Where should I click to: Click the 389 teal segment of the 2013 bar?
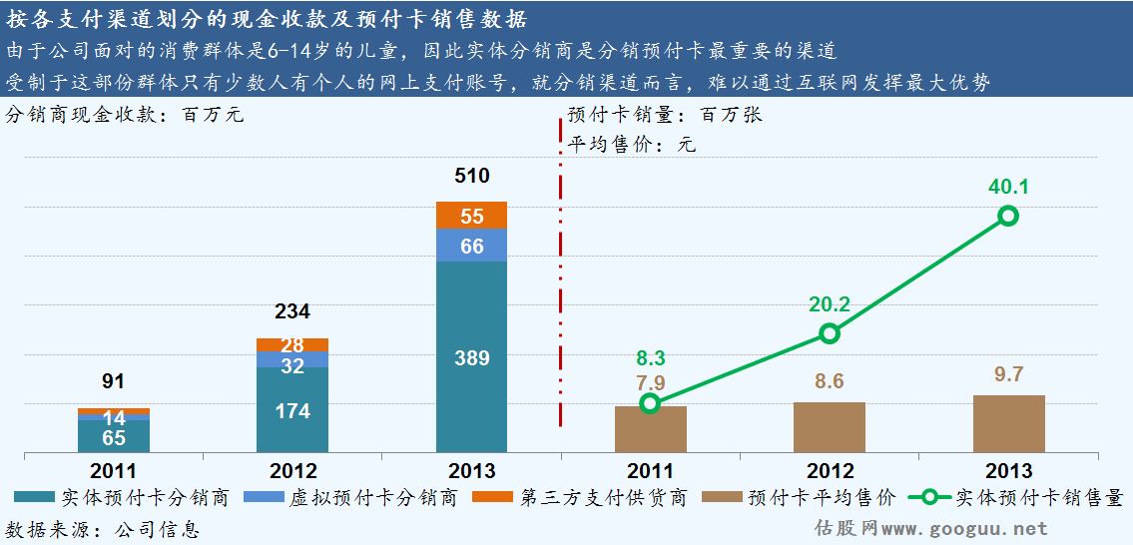point(471,357)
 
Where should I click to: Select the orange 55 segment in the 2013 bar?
point(471,216)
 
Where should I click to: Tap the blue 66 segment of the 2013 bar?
point(471,246)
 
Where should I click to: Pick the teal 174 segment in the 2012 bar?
point(292,410)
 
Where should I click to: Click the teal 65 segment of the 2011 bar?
point(114,436)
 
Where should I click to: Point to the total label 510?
point(471,177)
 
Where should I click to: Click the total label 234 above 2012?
point(292,311)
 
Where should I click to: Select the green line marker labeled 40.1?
point(1008,216)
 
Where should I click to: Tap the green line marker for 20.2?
point(829,333)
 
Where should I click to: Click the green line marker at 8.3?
point(650,403)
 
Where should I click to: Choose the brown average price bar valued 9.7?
point(1008,424)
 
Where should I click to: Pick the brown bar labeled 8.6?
point(829,428)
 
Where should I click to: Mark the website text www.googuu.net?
point(964,529)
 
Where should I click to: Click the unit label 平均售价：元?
point(631,145)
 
